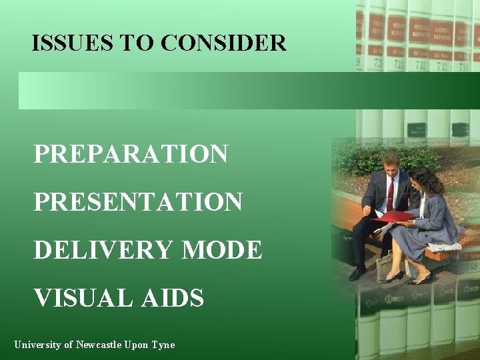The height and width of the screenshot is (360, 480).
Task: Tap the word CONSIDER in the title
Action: point(223,43)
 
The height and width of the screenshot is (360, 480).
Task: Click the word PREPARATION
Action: point(131,154)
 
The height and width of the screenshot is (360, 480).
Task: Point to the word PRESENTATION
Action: point(138,201)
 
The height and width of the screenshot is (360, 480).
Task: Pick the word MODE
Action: point(222,250)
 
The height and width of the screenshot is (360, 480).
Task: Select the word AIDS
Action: point(172,297)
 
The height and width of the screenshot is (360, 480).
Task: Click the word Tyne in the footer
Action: point(163,345)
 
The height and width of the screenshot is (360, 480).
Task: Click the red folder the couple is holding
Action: point(393,217)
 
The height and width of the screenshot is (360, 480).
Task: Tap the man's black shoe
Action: point(357,273)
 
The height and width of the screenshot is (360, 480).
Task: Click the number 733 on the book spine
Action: point(443,66)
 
